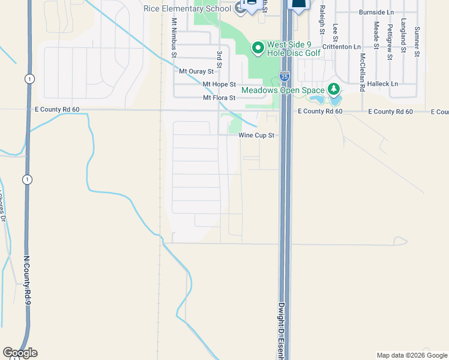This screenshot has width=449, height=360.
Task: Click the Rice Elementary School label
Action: click(x=187, y=8)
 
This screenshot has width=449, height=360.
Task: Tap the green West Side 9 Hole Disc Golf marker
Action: click(x=258, y=47)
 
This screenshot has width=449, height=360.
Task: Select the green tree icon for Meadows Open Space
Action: click(x=334, y=90)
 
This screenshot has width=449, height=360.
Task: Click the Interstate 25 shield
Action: click(x=285, y=77)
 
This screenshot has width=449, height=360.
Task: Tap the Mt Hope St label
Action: click(x=219, y=85)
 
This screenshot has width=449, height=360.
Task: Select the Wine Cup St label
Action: click(x=256, y=136)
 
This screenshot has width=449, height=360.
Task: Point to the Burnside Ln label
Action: click(x=376, y=12)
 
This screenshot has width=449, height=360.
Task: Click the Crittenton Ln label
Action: click(x=342, y=46)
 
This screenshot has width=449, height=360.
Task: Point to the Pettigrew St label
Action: click(x=390, y=41)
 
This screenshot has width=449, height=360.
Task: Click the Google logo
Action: click(x=20, y=353)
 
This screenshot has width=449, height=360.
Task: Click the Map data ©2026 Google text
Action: click(x=411, y=355)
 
